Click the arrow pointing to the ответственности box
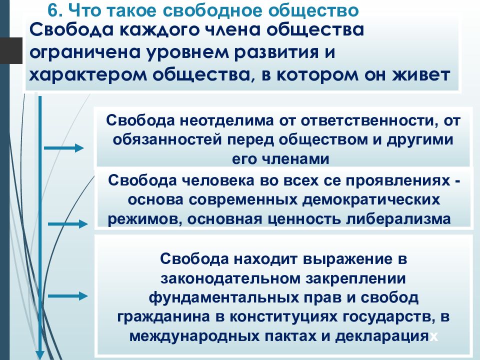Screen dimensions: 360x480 click(x=63, y=148)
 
